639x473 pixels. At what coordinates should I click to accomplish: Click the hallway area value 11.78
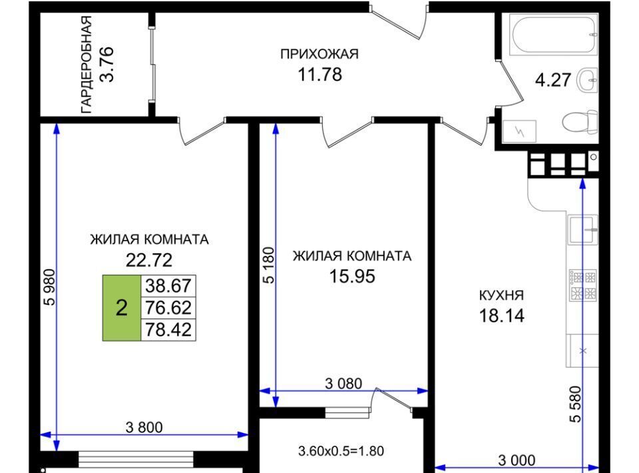[x=320, y=75]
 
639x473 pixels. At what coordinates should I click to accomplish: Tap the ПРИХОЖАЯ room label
[x=319, y=54]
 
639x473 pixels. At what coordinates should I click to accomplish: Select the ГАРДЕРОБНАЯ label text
[x=87, y=65]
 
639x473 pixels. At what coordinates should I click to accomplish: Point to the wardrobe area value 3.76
[x=107, y=65]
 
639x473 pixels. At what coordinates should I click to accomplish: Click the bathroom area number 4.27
[x=553, y=79]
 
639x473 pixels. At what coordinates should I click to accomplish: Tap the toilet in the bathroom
[x=580, y=121]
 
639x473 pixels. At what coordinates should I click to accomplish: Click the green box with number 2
[x=121, y=308]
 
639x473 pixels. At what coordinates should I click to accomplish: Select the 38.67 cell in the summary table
[x=168, y=286]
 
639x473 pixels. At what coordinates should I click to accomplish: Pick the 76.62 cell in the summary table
[x=168, y=308]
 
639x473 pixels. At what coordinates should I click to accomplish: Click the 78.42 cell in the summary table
[x=168, y=330]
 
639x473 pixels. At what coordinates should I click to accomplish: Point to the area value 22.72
[x=149, y=260]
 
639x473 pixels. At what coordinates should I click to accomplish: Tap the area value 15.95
[x=352, y=276]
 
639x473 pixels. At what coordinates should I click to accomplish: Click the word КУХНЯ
[x=501, y=295]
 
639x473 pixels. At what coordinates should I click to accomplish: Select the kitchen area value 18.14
[x=501, y=316]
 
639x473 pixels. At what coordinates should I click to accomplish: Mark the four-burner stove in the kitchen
[x=583, y=285]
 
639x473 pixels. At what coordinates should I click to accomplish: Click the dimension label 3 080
[x=343, y=383]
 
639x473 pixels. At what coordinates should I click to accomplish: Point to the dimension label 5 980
[x=49, y=288]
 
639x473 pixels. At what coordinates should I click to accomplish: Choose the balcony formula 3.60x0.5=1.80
[x=341, y=451]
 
